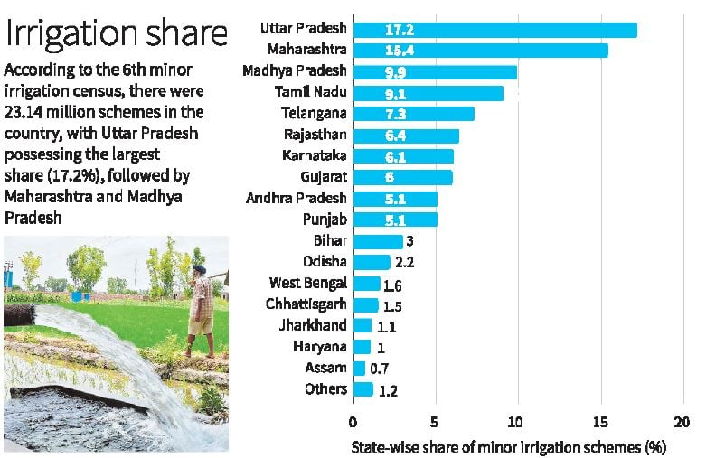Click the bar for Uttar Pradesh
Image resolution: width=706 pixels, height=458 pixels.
pos(494,30)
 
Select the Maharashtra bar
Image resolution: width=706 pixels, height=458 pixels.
pos(480,51)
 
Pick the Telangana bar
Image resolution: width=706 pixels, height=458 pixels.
pos(413,114)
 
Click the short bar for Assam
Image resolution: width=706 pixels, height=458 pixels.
pos(359,369)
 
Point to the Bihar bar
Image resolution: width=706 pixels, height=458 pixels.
pos(378,241)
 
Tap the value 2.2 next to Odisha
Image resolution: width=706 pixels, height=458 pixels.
pos(404,263)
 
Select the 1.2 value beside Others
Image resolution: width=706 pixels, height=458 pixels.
pos(388,391)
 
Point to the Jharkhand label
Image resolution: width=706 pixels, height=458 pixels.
pos(312,326)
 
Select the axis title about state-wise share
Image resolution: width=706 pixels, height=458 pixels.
pos(508,446)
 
